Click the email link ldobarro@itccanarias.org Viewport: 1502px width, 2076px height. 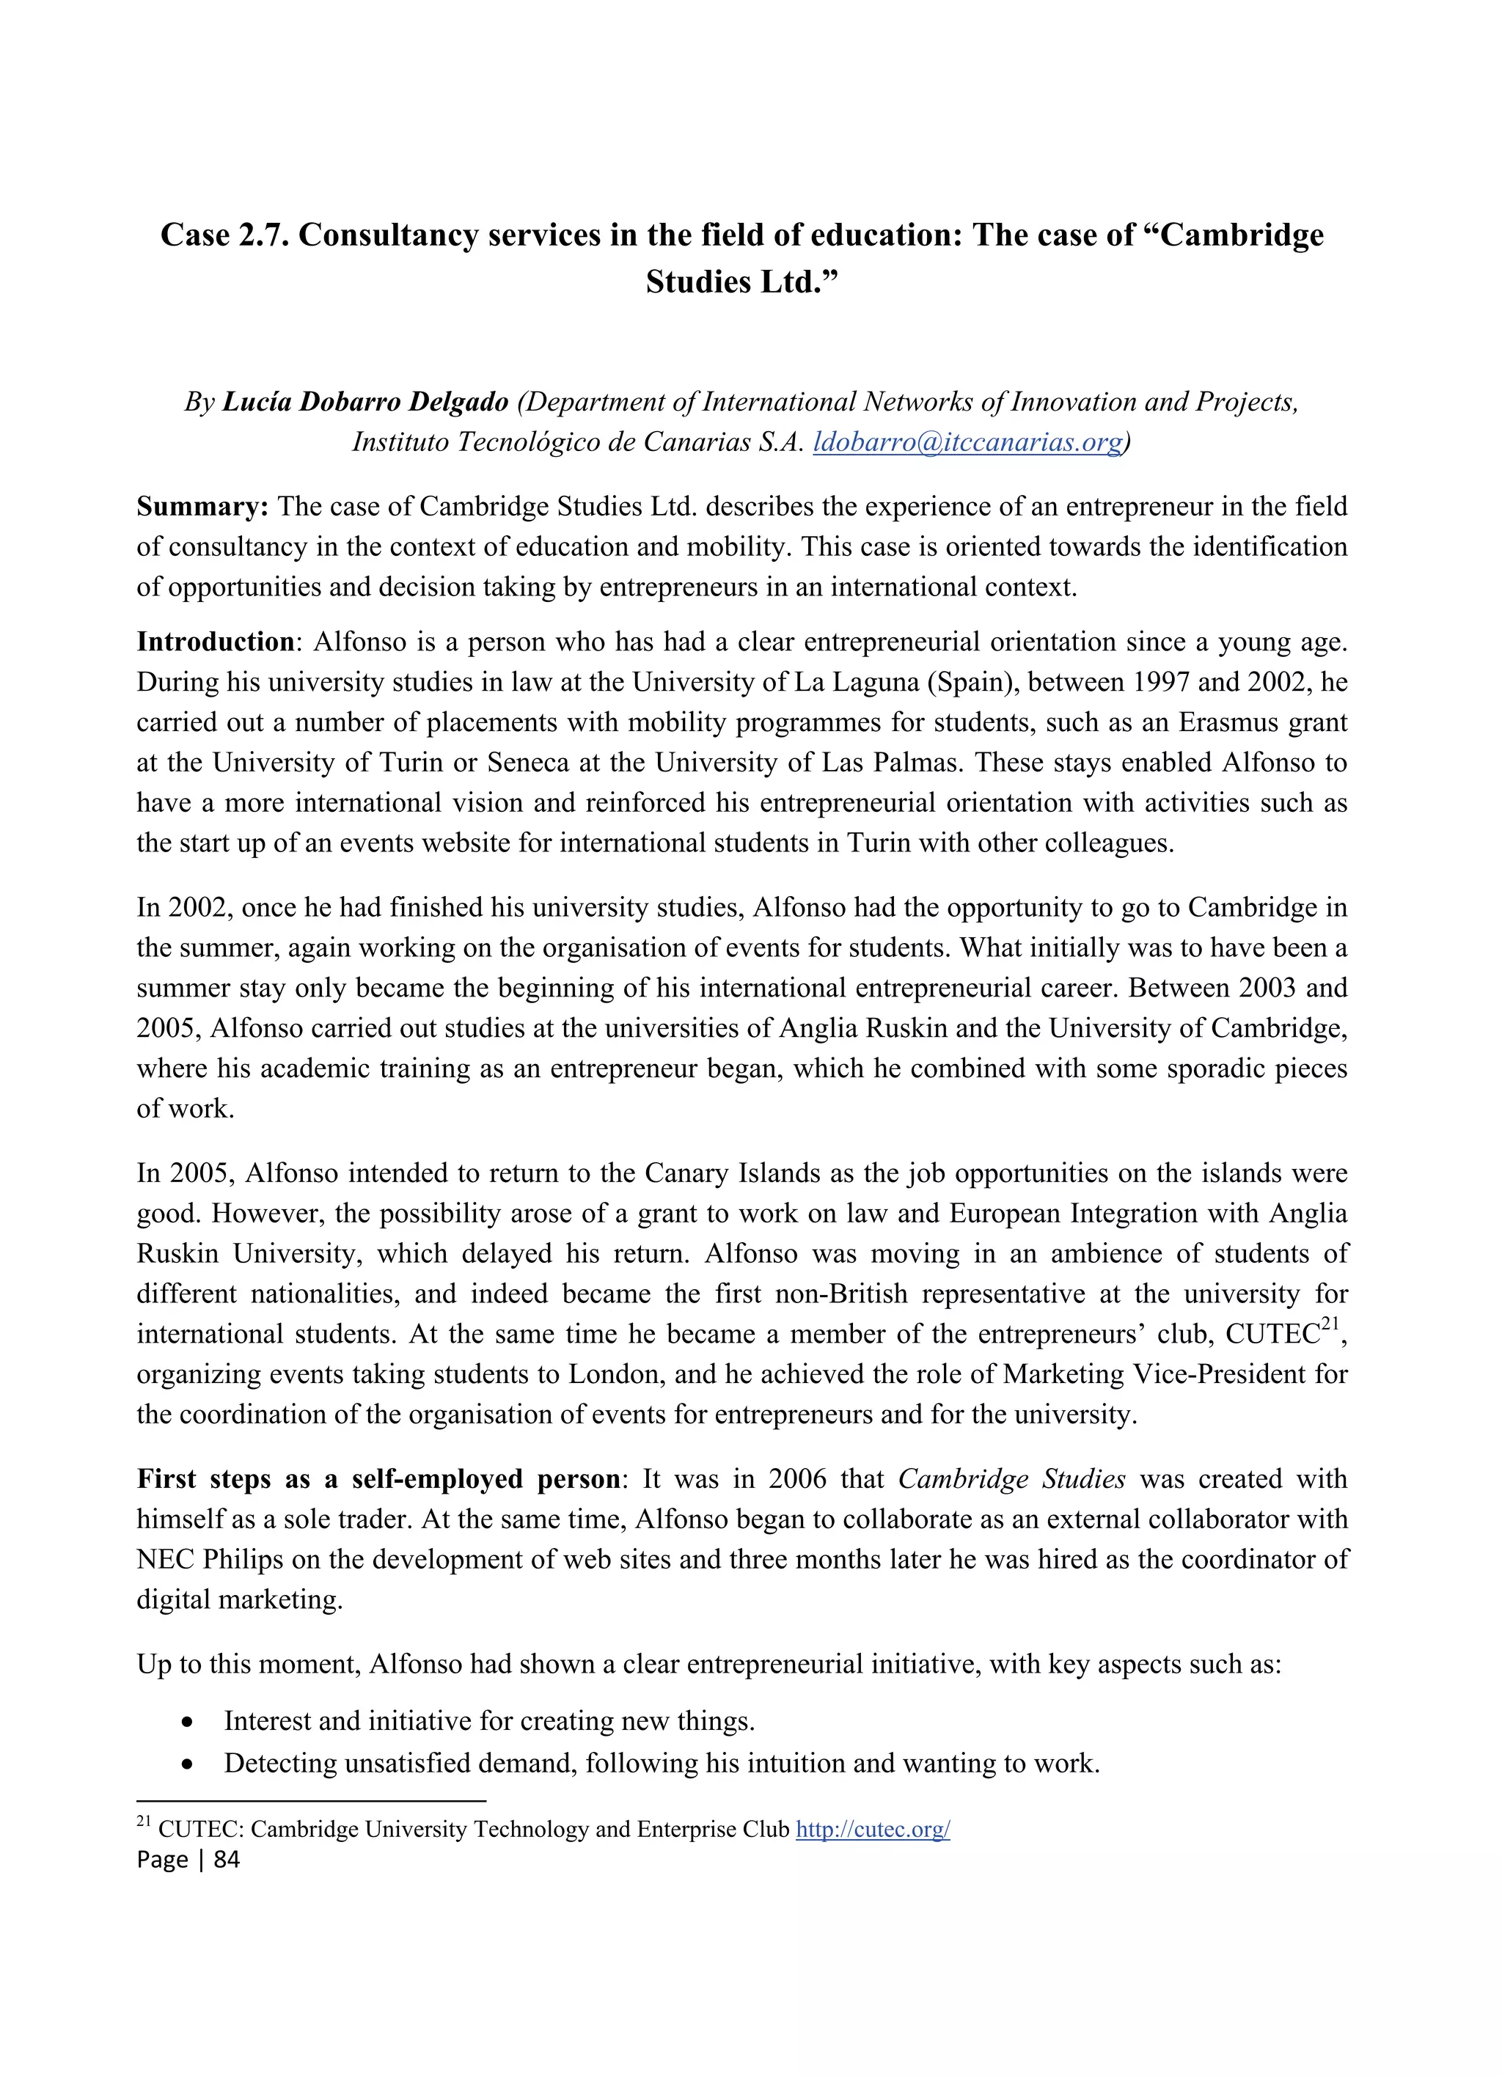point(967,442)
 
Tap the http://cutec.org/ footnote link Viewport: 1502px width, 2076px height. point(872,1829)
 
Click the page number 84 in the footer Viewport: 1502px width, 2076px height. point(226,1859)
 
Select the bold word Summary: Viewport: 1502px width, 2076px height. point(202,506)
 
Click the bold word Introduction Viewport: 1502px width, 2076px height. point(215,642)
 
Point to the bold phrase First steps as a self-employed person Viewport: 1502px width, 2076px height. point(378,1479)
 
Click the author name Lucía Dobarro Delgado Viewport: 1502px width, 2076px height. point(365,402)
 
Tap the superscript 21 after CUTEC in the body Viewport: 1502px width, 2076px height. point(1331,1327)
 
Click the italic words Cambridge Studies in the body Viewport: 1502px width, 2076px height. point(1011,1479)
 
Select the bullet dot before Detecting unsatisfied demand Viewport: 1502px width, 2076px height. point(188,1764)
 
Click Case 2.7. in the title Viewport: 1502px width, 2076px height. point(225,235)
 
